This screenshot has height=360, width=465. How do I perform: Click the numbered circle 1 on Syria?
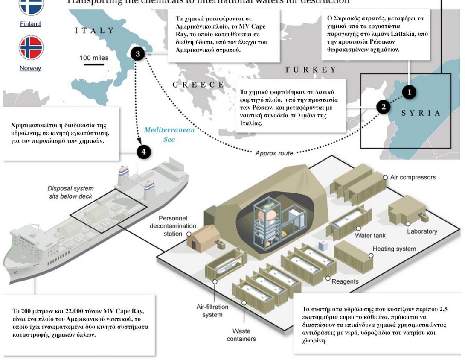[409, 92]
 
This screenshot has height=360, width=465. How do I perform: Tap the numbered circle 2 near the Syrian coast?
[383, 107]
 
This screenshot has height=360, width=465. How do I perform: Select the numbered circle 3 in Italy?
[138, 54]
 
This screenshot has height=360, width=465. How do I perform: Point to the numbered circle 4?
[144, 152]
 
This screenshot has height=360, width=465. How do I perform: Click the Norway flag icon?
[31, 47]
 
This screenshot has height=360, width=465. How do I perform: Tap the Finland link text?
[30, 24]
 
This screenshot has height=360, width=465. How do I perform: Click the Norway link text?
[30, 68]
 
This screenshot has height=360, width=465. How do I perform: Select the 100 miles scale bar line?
[94, 65]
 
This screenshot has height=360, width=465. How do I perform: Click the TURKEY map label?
[310, 70]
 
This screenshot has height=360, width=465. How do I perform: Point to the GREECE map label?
[198, 85]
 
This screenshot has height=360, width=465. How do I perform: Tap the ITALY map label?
[95, 31]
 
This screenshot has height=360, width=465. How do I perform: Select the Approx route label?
[274, 153]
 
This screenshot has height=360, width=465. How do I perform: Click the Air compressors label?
[413, 177]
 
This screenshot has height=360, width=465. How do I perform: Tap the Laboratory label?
[422, 231]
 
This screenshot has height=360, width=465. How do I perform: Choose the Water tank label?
[370, 236]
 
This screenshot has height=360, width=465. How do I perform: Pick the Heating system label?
[394, 249]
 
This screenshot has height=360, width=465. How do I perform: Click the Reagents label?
[345, 281]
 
